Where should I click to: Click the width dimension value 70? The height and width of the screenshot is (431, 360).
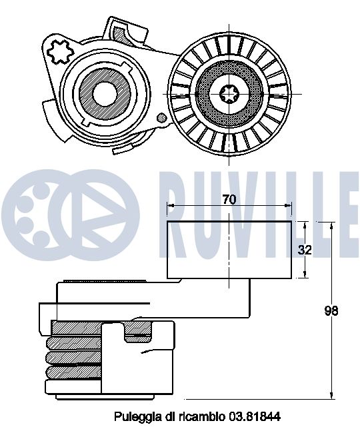(x=229, y=199)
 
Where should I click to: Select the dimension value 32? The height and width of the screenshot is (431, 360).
(x=305, y=250)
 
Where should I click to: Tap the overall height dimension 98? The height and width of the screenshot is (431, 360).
(x=331, y=310)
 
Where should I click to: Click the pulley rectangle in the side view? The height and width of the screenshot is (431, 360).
(x=229, y=249)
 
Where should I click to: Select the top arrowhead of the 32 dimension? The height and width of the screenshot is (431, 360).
(x=305, y=225)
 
